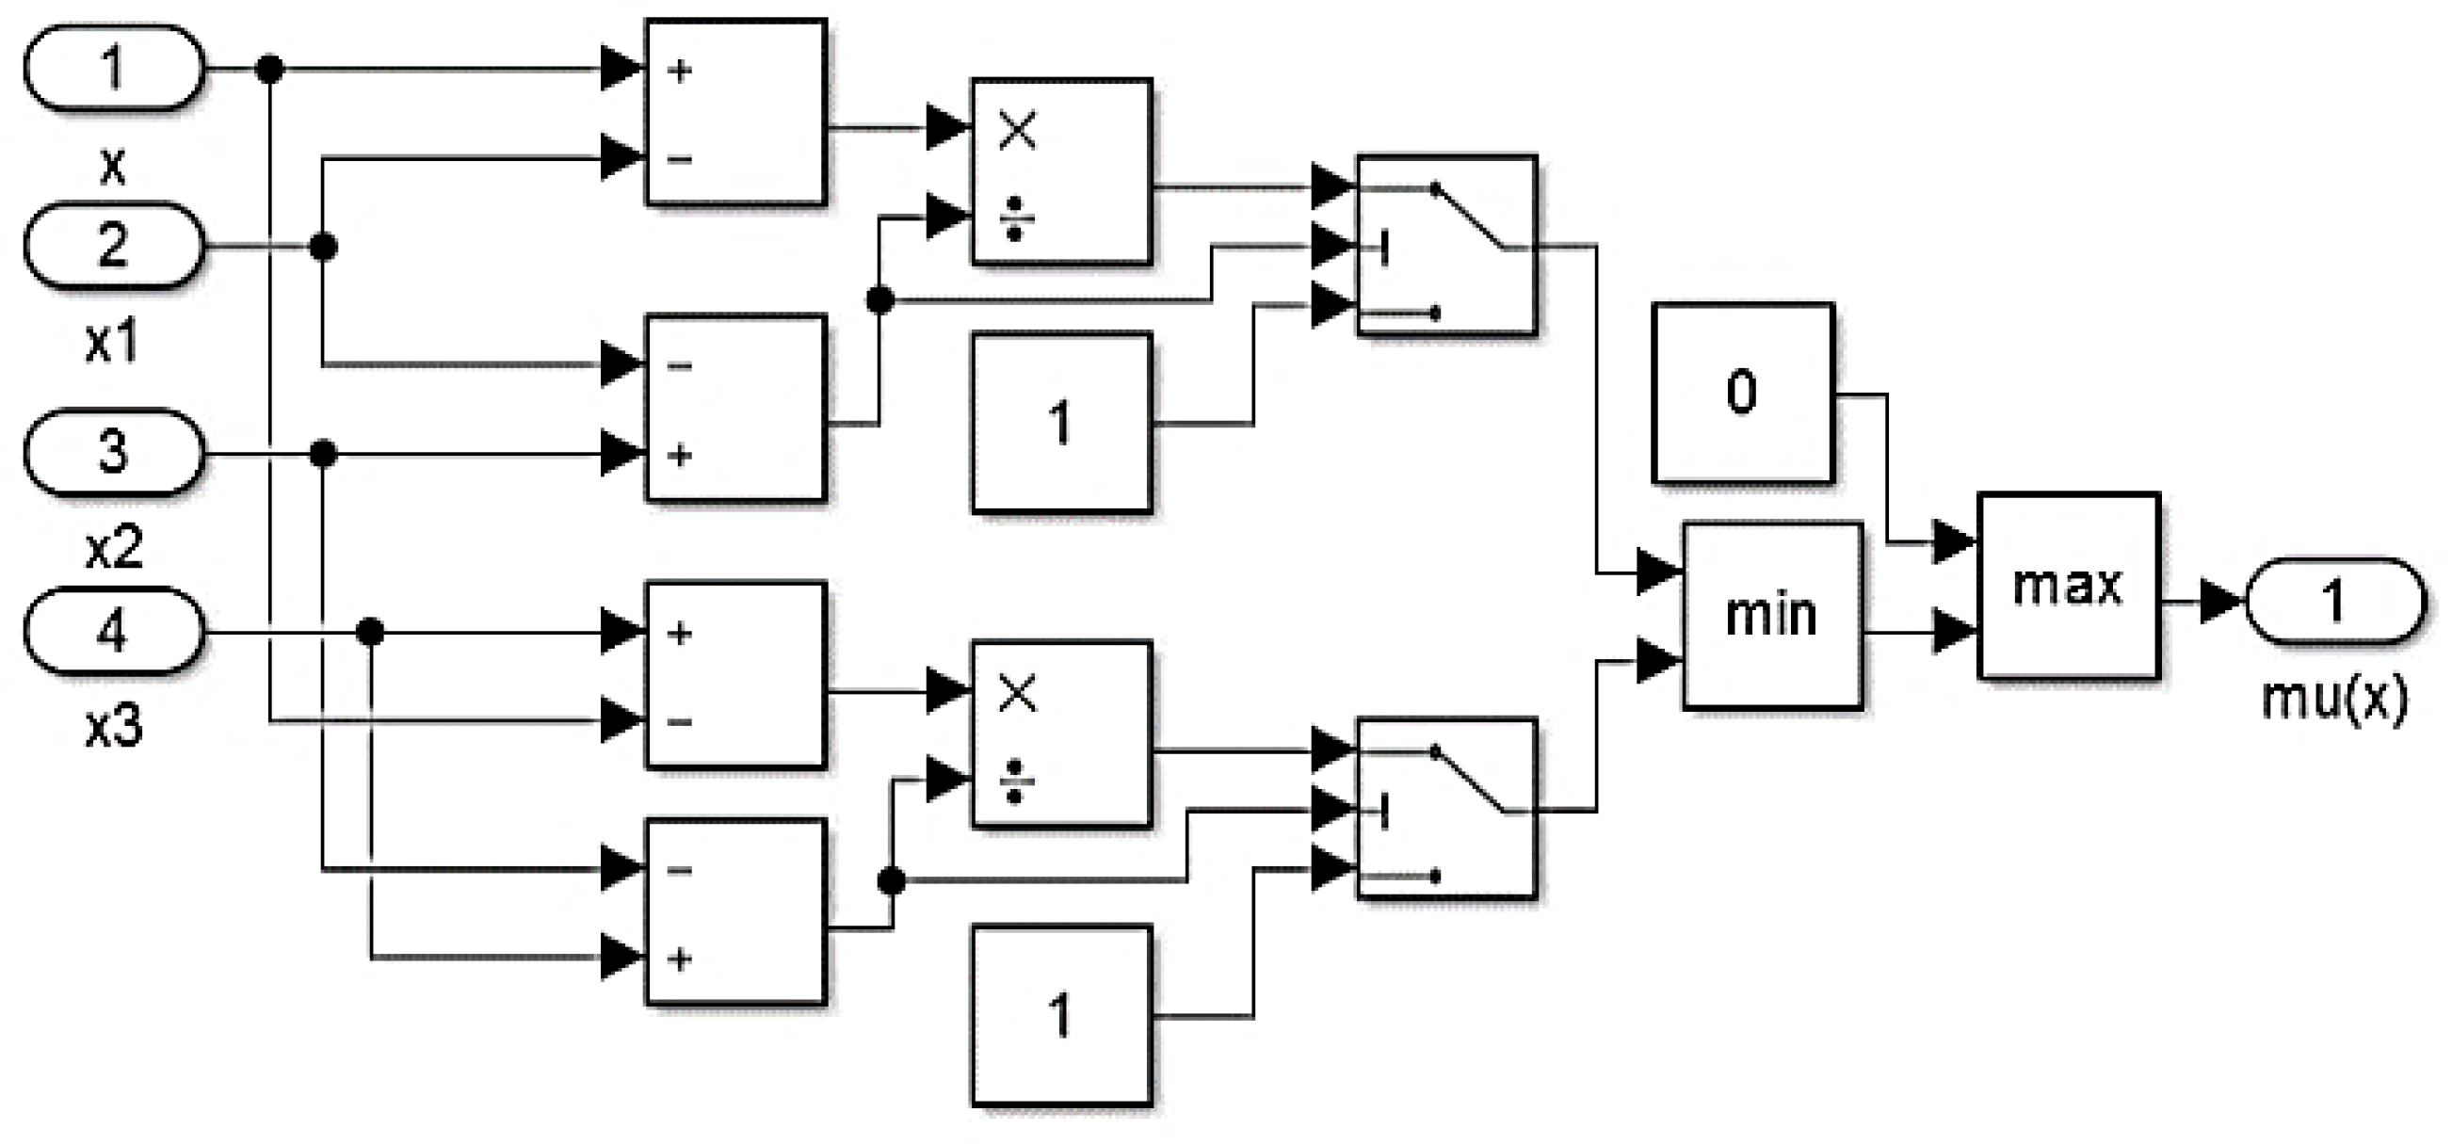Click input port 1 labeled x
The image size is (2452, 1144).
(x=112, y=69)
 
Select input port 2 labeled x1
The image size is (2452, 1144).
(x=112, y=246)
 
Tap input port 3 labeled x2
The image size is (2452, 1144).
(x=112, y=452)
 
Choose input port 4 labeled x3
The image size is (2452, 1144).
(x=112, y=631)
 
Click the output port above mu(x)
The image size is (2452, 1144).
(x=2333, y=602)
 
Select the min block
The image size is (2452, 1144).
(x=1771, y=615)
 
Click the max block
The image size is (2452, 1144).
(x=2068, y=585)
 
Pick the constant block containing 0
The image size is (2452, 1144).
(x=1742, y=392)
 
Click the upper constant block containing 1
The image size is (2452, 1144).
(x=1061, y=423)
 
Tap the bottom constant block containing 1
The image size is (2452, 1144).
(x=1061, y=1016)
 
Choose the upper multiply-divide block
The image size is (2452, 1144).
(x=1061, y=171)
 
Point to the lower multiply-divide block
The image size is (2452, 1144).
(x=1061, y=733)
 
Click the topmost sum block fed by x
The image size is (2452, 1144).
(x=734, y=112)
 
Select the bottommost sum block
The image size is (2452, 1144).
(x=734, y=911)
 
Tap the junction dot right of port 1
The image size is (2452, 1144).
(x=270, y=69)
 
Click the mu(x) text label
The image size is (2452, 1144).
(x=2333, y=698)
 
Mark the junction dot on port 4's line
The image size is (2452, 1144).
(x=370, y=631)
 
